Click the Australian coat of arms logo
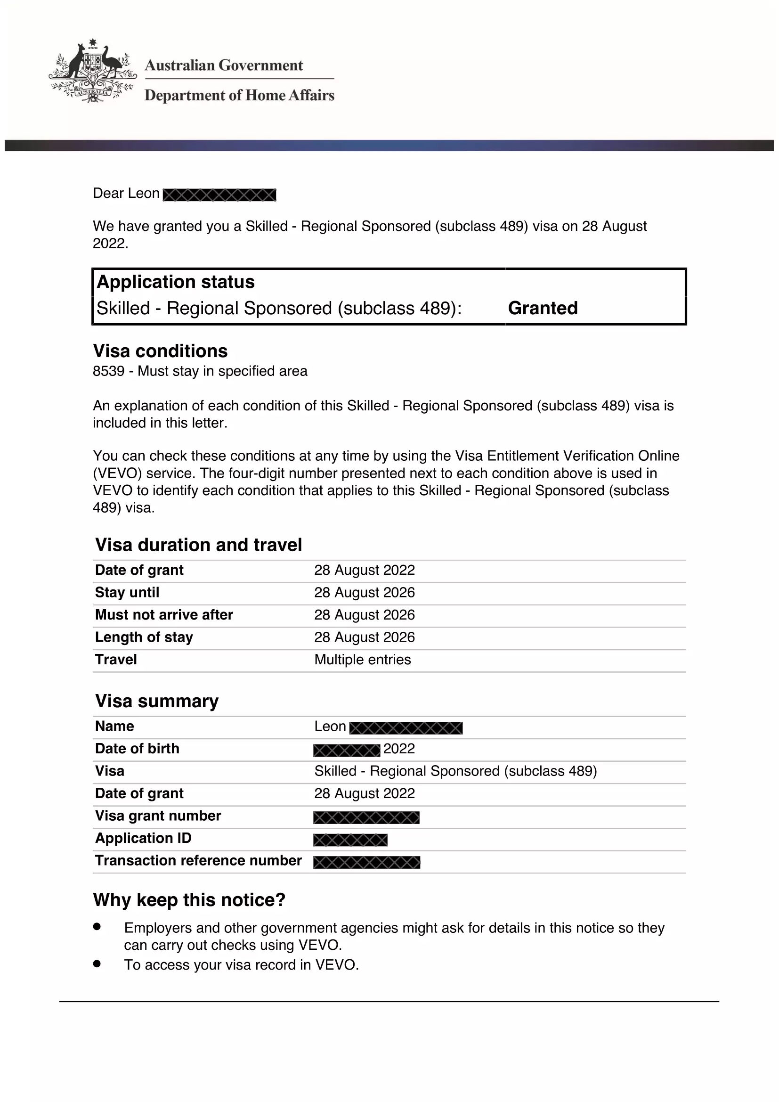pos(92,71)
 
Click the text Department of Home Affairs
pos(239,95)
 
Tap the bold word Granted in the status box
pos(543,308)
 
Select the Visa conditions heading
pos(160,351)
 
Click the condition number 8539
pos(108,371)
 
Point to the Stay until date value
pos(364,592)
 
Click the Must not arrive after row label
pos(163,615)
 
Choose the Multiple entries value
pos(362,660)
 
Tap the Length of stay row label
pos(144,637)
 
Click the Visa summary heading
pos(157,701)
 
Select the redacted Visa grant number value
pos(366,817)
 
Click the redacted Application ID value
pos(350,840)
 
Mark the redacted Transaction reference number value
pos(366,863)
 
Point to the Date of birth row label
pos(137,748)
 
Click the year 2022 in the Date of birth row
pos(399,749)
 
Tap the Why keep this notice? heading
pos(189,899)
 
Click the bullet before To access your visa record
pos(97,963)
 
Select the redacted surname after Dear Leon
pos(219,195)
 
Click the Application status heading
pos(176,282)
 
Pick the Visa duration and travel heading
pos(199,545)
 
